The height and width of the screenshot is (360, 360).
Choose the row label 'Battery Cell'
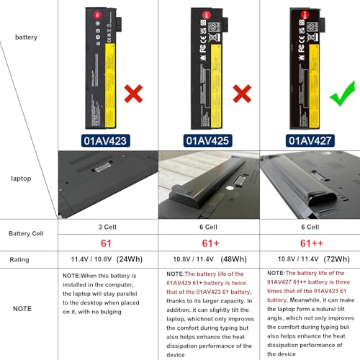30,234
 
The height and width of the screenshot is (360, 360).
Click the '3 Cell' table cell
107,226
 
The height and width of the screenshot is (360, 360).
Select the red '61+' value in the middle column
207,243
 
